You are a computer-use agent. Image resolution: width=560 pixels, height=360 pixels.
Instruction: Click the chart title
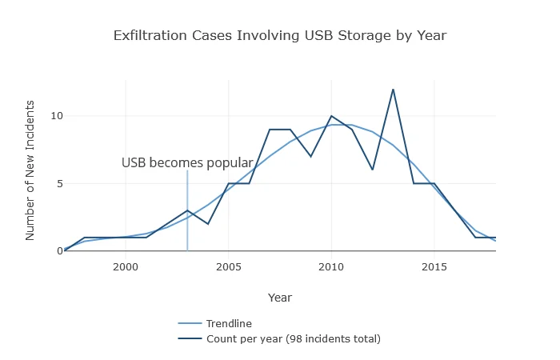[279, 35]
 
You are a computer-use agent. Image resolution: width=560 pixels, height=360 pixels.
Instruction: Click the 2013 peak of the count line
[393, 89]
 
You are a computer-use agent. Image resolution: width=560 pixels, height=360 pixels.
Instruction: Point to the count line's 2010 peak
[331, 116]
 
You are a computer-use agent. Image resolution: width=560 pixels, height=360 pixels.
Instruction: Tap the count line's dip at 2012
[372, 170]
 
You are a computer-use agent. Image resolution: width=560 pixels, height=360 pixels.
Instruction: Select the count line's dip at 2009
[310, 156]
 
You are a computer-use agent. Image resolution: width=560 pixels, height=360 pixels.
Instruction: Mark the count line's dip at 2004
[208, 224]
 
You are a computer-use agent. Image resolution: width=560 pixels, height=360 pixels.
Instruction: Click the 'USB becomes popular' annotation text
[187, 163]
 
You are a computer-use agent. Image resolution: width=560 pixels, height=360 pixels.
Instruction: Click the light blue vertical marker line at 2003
[187, 232]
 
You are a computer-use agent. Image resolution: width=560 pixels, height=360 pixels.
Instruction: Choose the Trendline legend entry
[229, 324]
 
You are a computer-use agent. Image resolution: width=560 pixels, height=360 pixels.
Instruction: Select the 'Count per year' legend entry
[293, 338]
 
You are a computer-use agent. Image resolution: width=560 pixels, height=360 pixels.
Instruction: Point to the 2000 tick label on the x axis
[126, 266]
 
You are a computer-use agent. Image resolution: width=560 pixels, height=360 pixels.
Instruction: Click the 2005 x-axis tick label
[229, 266]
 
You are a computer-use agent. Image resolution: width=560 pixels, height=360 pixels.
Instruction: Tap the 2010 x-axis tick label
[331, 266]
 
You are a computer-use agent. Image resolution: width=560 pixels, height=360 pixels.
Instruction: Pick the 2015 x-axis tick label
[434, 266]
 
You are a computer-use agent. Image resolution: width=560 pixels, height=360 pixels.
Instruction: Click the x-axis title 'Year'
[279, 298]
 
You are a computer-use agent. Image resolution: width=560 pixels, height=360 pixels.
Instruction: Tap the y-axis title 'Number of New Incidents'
[30, 170]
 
